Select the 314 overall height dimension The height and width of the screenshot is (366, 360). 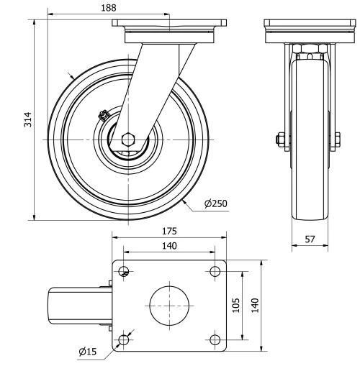(x=27, y=119)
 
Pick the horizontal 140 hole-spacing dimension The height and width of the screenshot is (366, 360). (x=169, y=245)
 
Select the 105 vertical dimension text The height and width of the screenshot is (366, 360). (x=236, y=305)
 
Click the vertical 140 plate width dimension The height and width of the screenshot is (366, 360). (x=255, y=305)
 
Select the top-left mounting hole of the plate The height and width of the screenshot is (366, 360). (x=125, y=272)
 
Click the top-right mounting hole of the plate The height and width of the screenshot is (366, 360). (x=215, y=272)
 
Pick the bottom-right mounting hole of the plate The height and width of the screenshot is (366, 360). (x=215, y=339)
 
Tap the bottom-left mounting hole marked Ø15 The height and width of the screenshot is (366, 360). (x=125, y=339)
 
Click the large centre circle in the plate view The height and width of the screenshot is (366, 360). (x=169, y=305)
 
